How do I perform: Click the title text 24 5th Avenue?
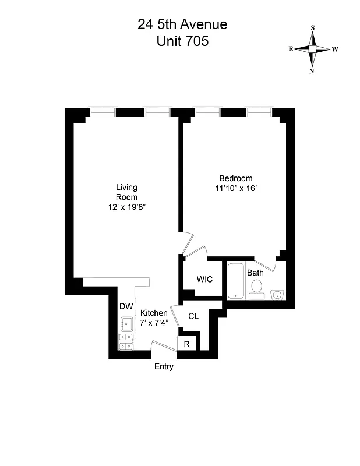click(182, 24)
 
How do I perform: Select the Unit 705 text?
click(182, 41)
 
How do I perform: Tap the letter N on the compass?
click(312, 71)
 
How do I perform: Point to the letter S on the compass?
click(313, 27)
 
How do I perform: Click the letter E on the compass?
click(290, 50)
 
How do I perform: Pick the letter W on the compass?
click(335, 50)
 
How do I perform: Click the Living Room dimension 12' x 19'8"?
click(127, 207)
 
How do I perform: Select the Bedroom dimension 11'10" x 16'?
click(235, 188)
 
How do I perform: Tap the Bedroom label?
click(235, 178)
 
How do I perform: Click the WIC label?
click(204, 279)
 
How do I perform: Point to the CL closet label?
click(194, 316)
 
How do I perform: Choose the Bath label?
click(255, 273)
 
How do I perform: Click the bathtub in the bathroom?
click(235, 281)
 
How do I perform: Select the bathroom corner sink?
click(278, 294)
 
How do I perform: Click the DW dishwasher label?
click(126, 306)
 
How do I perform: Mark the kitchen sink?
click(126, 323)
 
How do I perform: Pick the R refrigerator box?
click(186, 344)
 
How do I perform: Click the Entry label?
click(164, 367)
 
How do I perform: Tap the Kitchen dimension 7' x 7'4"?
click(154, 323)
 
